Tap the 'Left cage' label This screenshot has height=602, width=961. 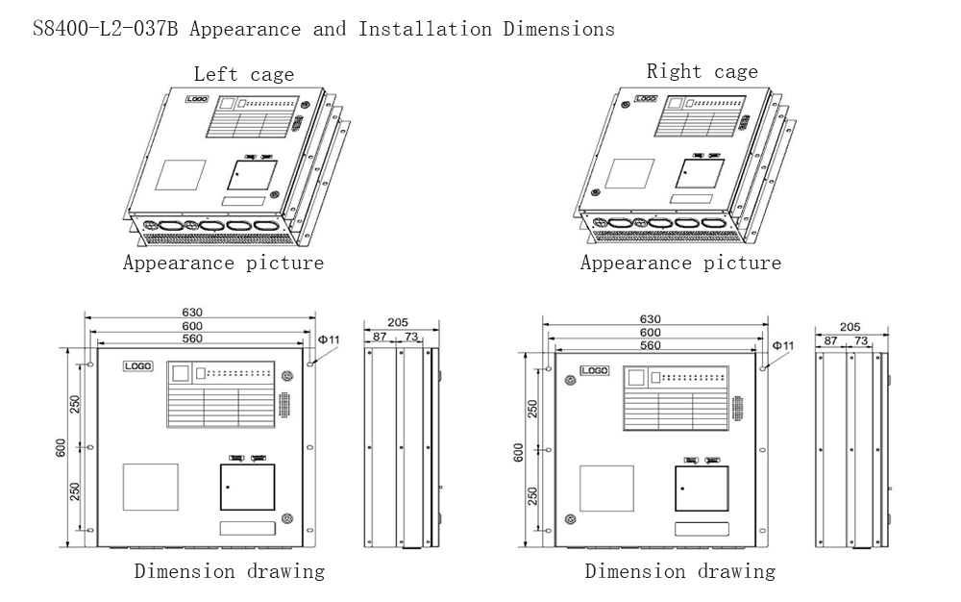pos(244,74)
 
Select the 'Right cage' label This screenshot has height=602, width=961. pos(702,71)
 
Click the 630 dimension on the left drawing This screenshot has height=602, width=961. pos(193,313)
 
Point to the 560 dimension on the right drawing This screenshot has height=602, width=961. pos(650,345)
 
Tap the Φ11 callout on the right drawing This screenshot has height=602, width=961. pos(783,345)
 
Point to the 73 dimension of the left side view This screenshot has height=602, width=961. pos(410,337)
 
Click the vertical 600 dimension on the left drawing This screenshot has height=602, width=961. pos(61,449)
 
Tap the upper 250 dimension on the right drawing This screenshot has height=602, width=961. pos(532,410)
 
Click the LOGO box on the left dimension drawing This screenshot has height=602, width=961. pos(138,366)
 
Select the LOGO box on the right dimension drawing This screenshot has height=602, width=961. pos(594,370)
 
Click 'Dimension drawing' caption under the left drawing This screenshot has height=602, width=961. pos(229,571)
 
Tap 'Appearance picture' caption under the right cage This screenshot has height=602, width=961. pos(680,263)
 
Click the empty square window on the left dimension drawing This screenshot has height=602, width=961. pos(150,487)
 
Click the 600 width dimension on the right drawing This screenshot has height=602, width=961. pos(650,332)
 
